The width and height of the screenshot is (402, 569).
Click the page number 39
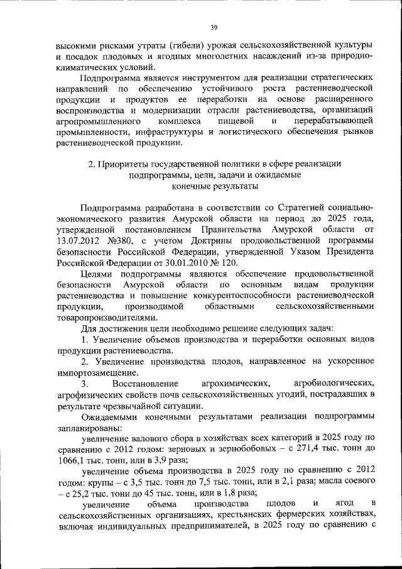pyautogui.click(x=214, y=27)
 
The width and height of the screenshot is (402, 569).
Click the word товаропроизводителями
pyautogui.click(x=104, y=318)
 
